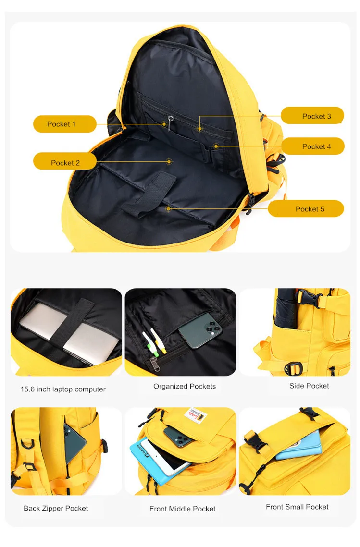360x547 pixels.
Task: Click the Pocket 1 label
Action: click(61, 124)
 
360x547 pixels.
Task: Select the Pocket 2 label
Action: click(65, 163)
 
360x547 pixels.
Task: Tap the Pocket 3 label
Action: click(316, 116)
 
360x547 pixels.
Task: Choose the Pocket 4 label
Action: click(316, 146)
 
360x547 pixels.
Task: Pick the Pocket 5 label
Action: click(310, 209)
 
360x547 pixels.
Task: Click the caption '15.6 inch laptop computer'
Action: click(63, 389)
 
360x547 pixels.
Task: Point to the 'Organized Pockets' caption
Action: click(185, 386)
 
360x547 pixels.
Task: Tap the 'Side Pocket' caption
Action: click(309, 386)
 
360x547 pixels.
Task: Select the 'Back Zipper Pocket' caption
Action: click(56, 508)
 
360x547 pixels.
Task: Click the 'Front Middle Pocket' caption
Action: click(183, 509)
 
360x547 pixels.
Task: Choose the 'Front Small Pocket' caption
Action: click(297, 507)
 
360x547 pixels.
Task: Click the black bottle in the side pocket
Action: click(286, 307)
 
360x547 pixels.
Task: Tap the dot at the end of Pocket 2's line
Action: click(169, 162)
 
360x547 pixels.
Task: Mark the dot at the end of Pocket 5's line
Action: click(168, 208)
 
